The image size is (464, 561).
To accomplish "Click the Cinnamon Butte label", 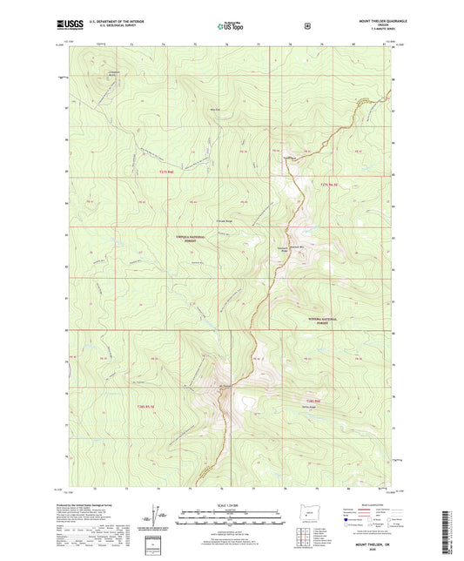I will click(x=91, y=72).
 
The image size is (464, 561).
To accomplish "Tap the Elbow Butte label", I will click(x=204, y=108).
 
